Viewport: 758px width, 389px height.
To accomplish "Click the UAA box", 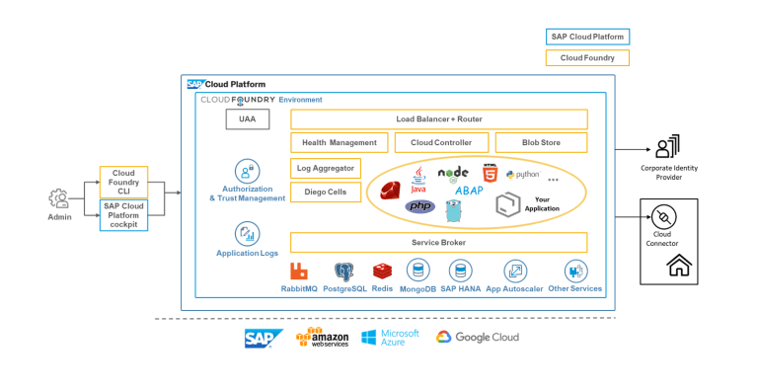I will click(247, 119).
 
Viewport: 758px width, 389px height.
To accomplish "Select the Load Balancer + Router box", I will click(438, 119).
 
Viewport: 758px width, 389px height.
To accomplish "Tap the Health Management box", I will click(339, 143).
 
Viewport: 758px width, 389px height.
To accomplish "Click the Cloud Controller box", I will click(440, 143).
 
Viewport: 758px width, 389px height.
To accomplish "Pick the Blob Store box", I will click(541, 143).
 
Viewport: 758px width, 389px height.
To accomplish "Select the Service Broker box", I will click(438, 242).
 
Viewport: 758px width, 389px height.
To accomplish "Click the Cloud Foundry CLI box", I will click(123, 183).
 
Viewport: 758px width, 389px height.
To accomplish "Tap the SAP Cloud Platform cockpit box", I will click(123, 213).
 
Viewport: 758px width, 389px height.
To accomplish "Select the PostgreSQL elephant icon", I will click(344, 272).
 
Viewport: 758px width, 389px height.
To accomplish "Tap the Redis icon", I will click(383, 271).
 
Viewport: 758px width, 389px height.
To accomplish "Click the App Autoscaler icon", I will click(515, 272).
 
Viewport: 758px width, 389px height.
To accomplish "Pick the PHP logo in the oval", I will click(419, 206).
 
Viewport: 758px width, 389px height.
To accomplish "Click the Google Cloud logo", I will click(478, 338).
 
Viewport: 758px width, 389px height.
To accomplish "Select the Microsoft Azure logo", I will click(390, 338).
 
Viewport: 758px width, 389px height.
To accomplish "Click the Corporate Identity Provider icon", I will click(668, 148).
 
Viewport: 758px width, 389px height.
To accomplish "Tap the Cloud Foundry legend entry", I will click(587, 58).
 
